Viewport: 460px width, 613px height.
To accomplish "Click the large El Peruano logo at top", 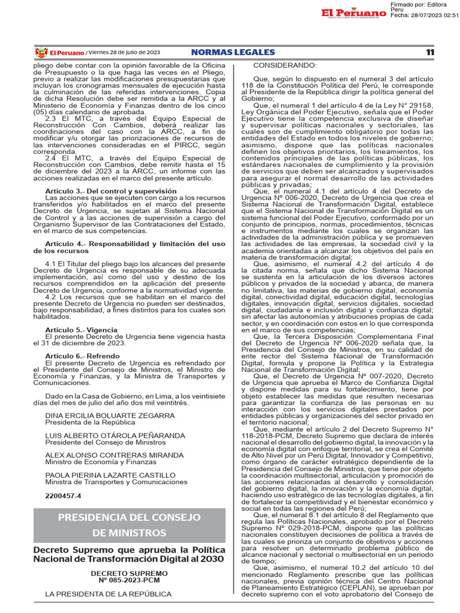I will click(353, 13).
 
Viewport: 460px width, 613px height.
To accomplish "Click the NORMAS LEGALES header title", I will click(232, 53).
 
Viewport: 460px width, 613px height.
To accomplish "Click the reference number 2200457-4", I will click(63, 496).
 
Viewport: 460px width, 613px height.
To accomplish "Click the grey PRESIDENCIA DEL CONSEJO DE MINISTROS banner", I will click(129, 525).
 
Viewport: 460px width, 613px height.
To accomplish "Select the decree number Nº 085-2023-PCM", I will click(129, 580).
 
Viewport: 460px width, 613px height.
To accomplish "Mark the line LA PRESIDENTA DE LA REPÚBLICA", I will click(108, 594).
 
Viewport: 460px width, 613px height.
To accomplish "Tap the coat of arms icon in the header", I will click(41, 53).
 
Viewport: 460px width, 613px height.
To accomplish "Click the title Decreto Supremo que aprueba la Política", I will click(129, 550).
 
